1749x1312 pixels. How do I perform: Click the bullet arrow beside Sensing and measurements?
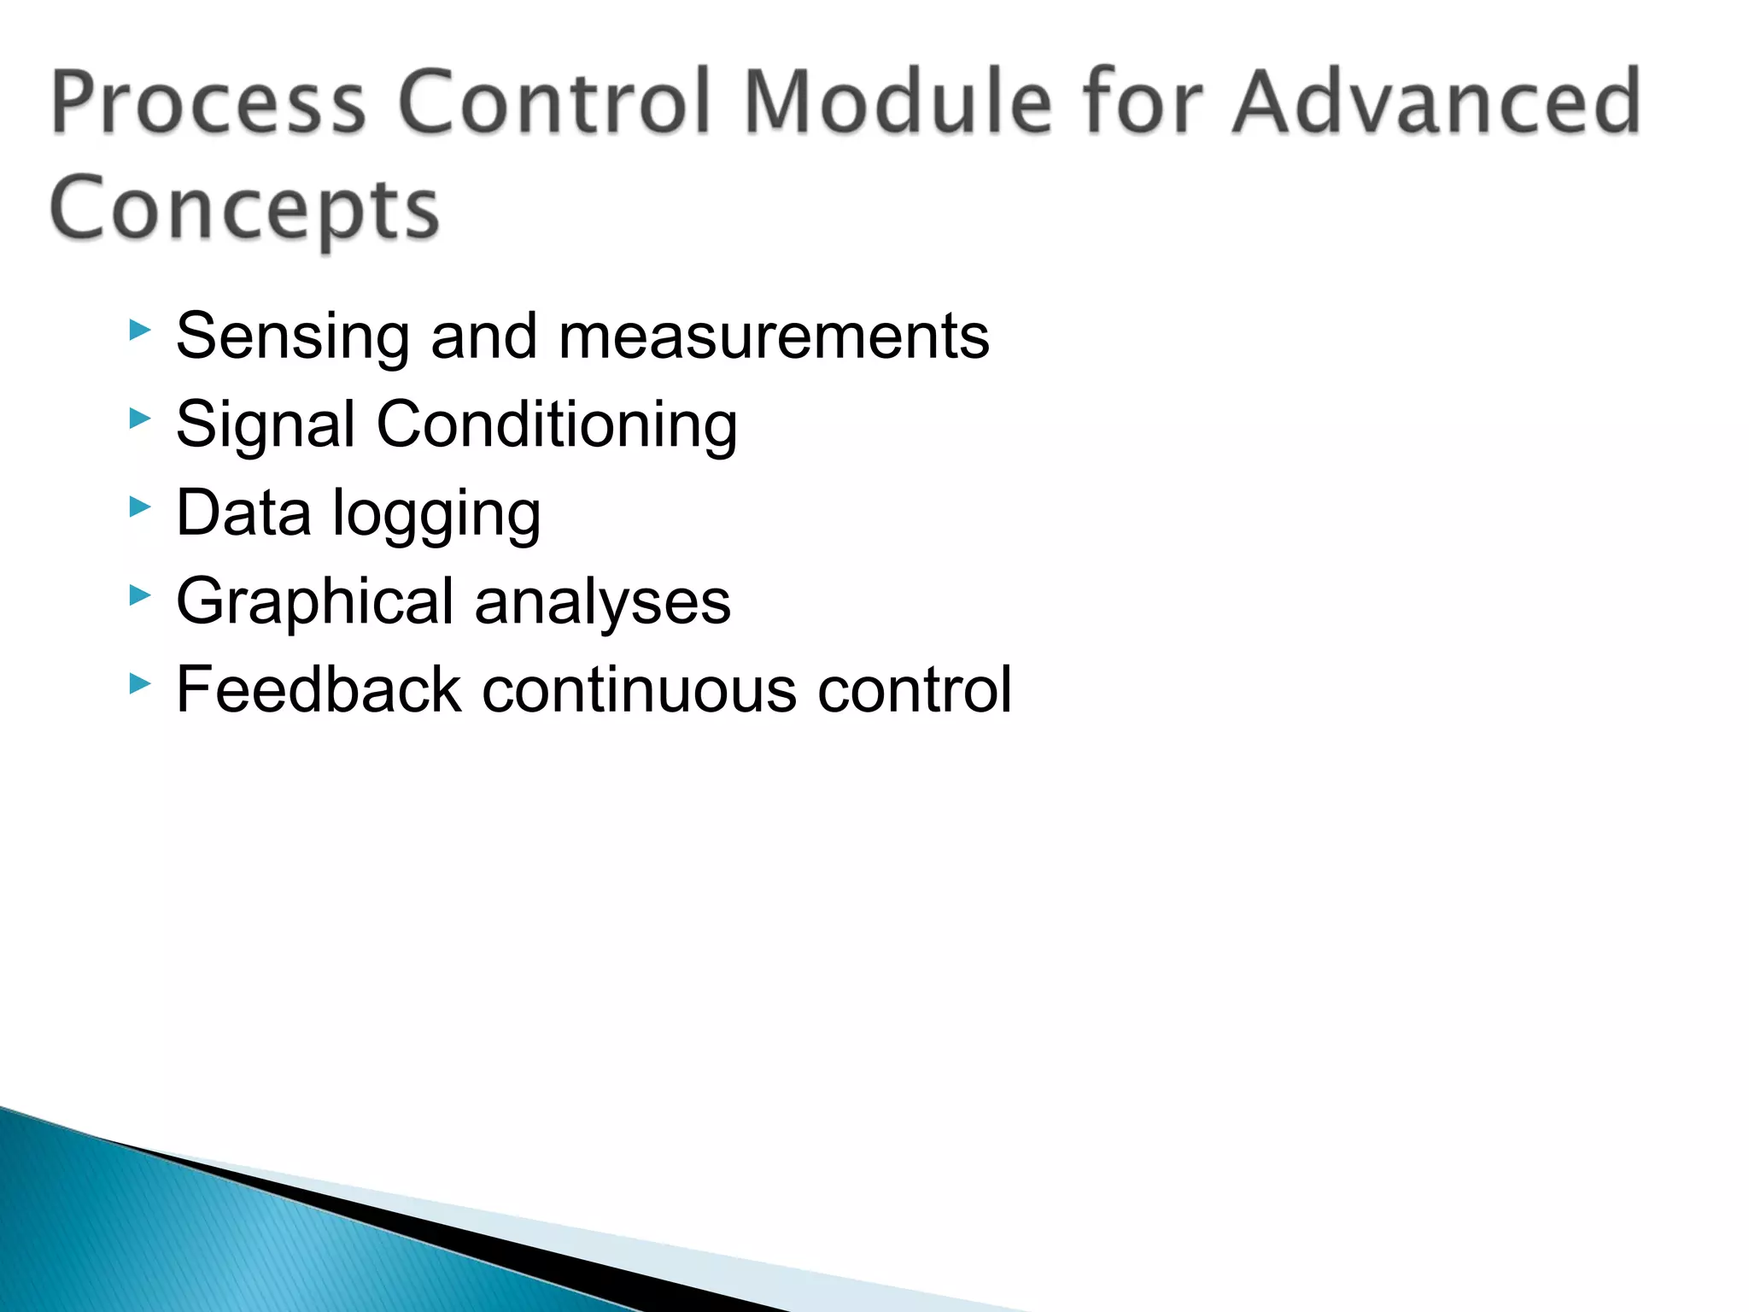[139, 330]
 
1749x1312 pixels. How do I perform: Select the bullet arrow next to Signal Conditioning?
[139, 419]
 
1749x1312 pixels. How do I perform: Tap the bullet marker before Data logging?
[139, 507]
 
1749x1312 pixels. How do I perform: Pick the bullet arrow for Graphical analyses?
[139, 595]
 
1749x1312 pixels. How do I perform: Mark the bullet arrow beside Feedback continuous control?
[139, 683]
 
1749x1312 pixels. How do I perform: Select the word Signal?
[265, 425]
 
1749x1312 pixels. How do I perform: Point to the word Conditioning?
[557, 425]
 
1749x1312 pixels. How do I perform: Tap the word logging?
[436, 514]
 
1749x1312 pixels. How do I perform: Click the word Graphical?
[314, 602]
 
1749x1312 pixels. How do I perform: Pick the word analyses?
[603, 602]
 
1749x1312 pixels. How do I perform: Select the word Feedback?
[319, 690]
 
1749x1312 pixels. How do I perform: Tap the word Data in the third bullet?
[243, 513]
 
